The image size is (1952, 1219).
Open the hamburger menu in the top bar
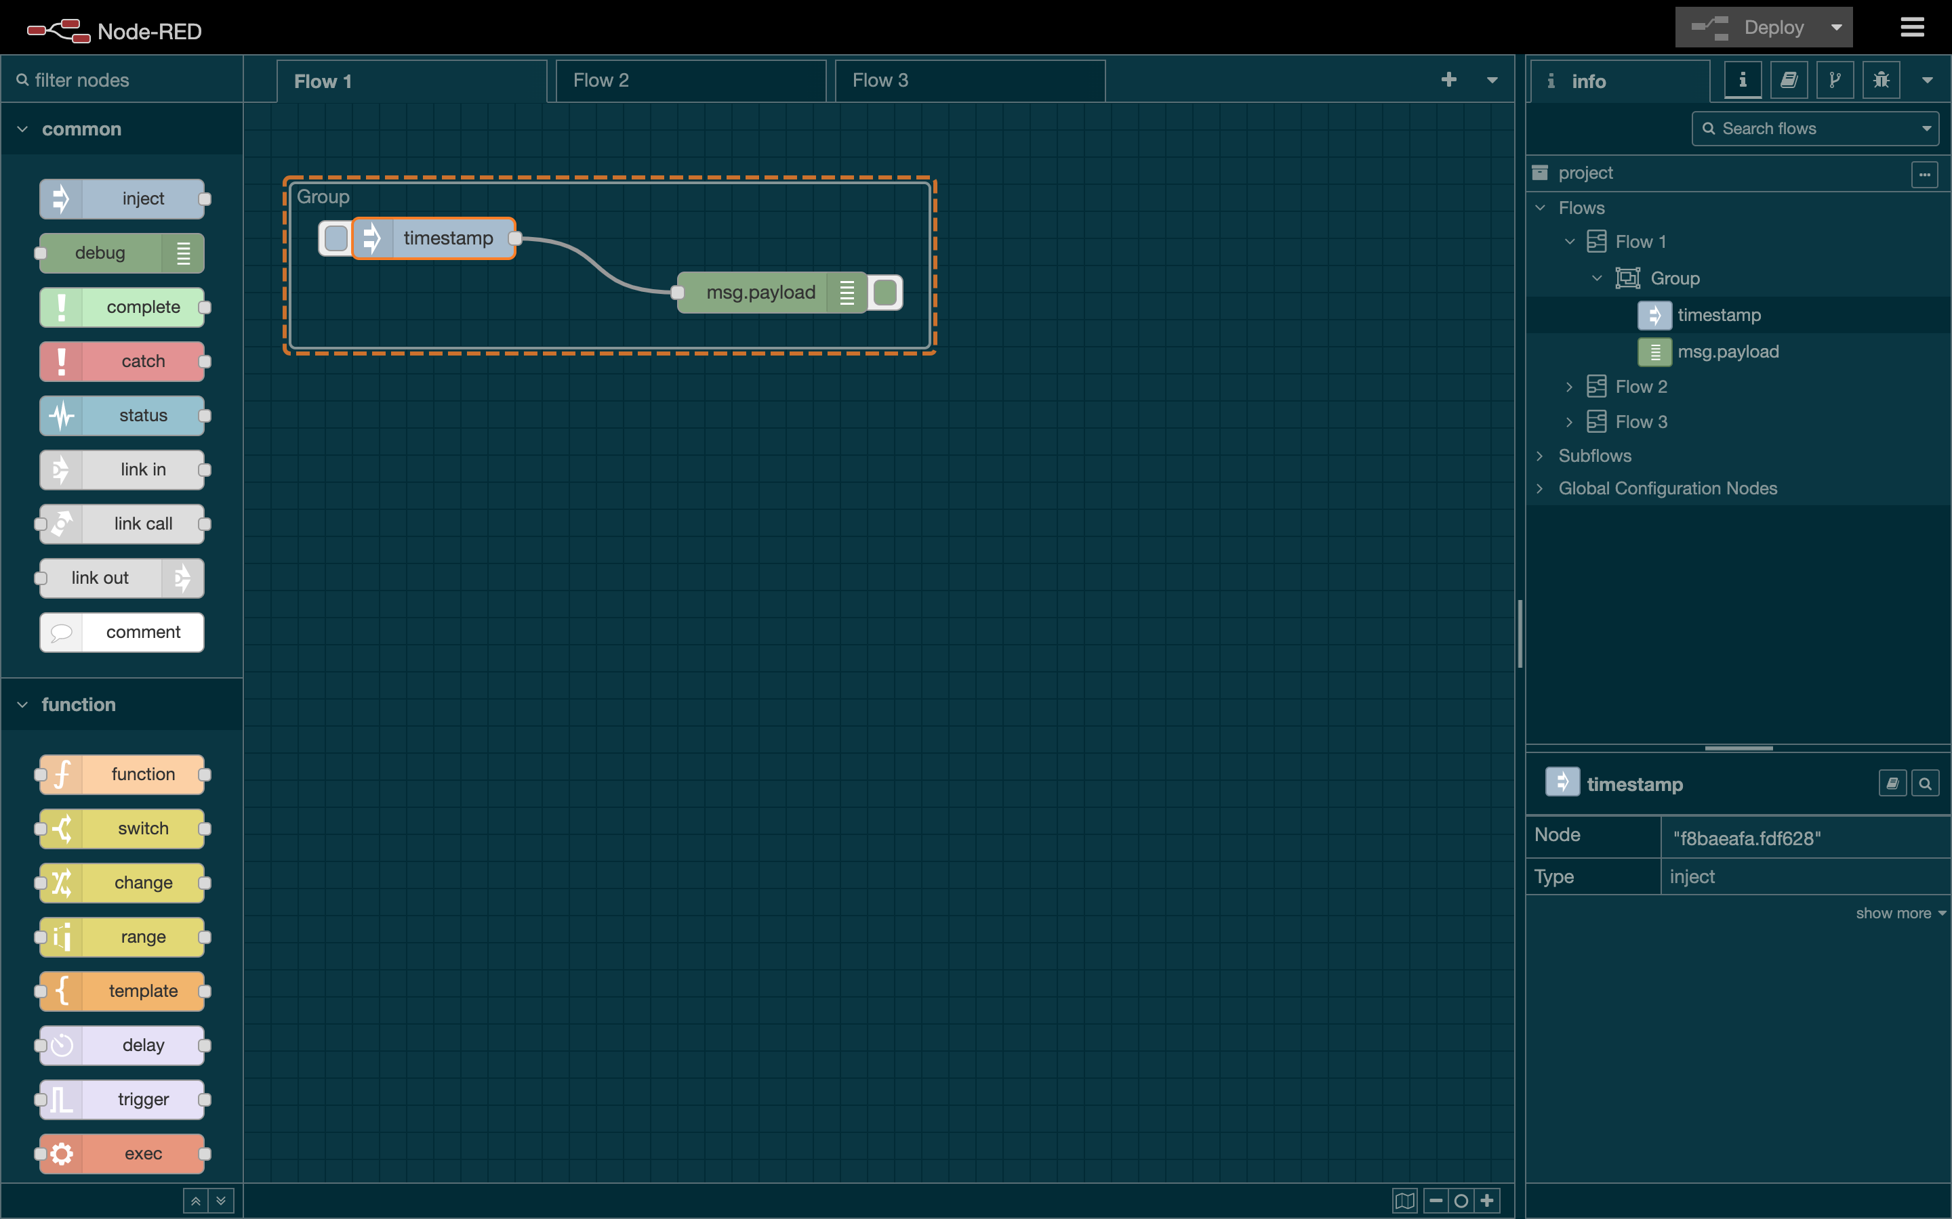(x=1911, y=27)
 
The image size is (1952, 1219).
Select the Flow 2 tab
(x=690, y=81)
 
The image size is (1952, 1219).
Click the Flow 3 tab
(x=969, y=81)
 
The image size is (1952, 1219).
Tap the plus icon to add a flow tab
(x=1448, y=80)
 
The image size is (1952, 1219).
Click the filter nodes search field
(x=129, y=81)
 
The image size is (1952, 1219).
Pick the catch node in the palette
(x=123, y=361)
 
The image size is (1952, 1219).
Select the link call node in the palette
(x=123, y=524)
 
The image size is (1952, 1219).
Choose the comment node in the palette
(x=123, y=632)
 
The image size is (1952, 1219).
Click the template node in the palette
(x=123, y=991)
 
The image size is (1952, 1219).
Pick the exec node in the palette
(x=123, y=1154)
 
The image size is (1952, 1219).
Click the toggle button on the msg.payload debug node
(x=886, y=293)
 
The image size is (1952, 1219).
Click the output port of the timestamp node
(x=514, y=238)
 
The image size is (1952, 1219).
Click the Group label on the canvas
(x=323, y=196)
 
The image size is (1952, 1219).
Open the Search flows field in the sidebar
(x=1815, y=129)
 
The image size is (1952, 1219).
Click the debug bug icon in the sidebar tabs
(x=1881, y=81)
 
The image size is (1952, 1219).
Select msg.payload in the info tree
(x=1728, y=351)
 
